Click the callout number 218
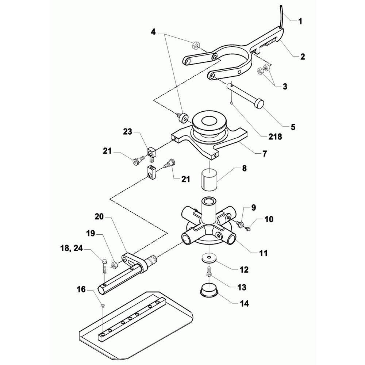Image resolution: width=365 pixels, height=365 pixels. click(275, 137)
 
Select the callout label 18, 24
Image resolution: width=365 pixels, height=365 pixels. click(71, 248)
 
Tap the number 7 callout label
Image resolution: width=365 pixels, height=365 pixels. click(264, 153)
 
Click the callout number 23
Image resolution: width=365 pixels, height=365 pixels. click(127, 132)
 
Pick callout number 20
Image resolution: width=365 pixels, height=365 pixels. click(99, 216)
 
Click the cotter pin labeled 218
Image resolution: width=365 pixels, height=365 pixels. click(231, 98)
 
